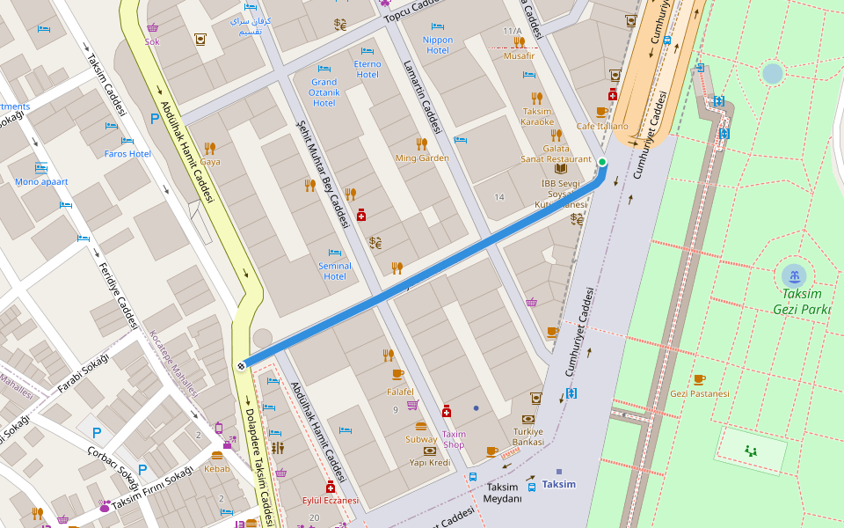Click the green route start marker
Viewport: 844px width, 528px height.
click(x=602, y=162)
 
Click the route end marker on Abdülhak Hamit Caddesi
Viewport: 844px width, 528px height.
click(x=240, y=366)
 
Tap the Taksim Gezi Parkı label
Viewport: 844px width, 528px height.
click(x=802, y=302)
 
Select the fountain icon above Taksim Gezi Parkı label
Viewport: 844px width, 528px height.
click(x=794, y=275)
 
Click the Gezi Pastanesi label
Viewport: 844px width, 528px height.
click(x=699, y=393)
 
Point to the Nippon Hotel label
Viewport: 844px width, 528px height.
click(x=437, y=45)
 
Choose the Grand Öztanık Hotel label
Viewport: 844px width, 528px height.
click(x=324, y=92)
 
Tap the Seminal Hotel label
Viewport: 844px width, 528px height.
click(x=334, y=270)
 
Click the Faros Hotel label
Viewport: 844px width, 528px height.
click(x=127, y=154)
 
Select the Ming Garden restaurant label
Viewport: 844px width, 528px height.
click(x=422, y=158)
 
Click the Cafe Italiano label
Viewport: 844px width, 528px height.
click(x=602, y=126)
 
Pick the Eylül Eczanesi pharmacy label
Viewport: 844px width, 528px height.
click(x=330, y=500)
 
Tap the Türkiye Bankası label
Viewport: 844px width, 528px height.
click(x=528, y=436)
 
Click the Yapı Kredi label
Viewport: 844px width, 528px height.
click(x=429, y=462)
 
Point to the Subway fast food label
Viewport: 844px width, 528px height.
click(x=421, y=439)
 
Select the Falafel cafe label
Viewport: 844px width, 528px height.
click(x=399, y=392)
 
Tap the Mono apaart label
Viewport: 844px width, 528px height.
click(x=40, y=182)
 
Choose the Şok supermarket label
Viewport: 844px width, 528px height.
click(x=153, y=40)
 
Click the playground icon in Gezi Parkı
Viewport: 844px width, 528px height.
click(x=750, y=450)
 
